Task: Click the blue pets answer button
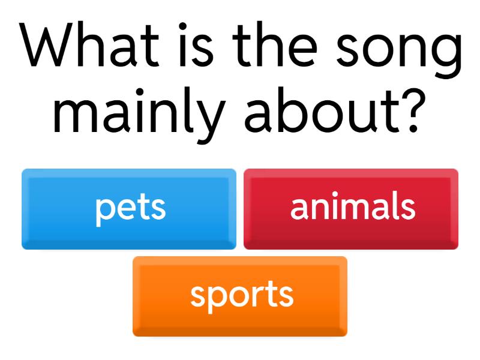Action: pyautogui.click(x=129, y=209)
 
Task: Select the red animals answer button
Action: pyautogui.click(x=351, y=209)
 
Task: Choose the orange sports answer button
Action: pyautogui.click(x=240, y=296)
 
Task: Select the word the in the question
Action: pyautogui.click(x=277, y=47)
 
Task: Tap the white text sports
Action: pyautogui.click(x=242, y=295)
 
